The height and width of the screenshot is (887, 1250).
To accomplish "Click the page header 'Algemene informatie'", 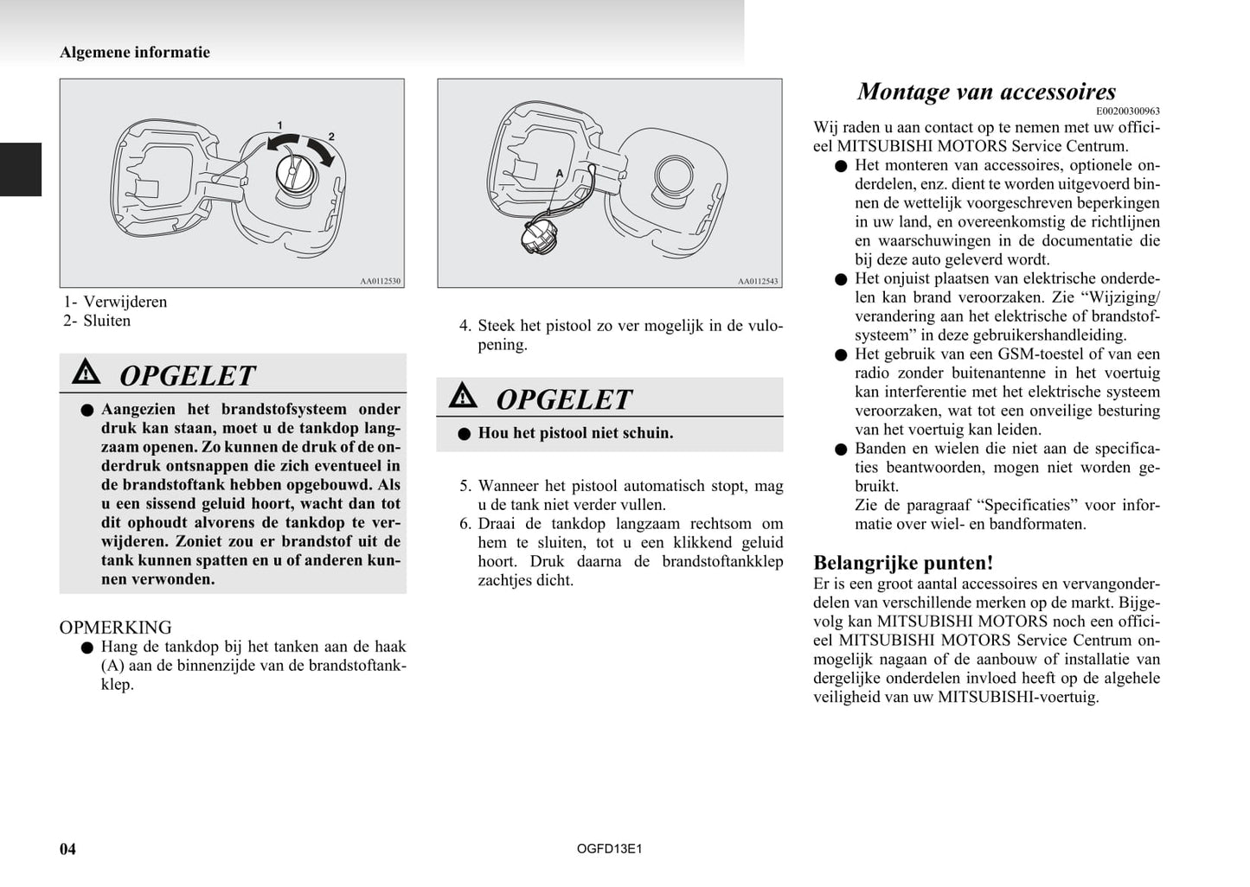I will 135,52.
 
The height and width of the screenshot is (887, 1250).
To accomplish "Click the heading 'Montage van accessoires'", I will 985,92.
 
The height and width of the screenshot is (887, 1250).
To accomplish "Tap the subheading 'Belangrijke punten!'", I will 903,563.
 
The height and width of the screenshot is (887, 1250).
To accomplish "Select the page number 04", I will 67,848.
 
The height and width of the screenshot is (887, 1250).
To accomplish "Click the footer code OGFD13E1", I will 609,848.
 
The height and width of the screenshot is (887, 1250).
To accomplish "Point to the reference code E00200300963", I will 1128,112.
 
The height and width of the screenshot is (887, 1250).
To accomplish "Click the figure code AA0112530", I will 381,281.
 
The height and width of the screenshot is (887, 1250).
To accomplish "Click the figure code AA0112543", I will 758,281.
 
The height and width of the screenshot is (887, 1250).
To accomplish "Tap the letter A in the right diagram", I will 560,174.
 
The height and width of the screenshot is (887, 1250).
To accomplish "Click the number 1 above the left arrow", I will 279,125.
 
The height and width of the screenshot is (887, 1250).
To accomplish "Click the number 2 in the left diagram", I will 331,137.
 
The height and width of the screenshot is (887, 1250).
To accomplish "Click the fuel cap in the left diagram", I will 295,174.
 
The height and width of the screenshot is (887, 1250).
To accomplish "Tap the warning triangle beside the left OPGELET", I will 87,373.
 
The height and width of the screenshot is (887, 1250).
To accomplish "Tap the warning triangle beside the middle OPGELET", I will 463,396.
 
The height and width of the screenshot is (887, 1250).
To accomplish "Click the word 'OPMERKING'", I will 115,627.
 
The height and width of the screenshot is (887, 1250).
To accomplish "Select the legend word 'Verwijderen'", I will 125,302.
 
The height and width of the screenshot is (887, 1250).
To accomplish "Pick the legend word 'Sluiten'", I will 107,321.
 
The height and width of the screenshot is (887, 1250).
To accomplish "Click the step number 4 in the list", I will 465,326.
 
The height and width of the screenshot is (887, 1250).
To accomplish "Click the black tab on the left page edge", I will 21,169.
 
